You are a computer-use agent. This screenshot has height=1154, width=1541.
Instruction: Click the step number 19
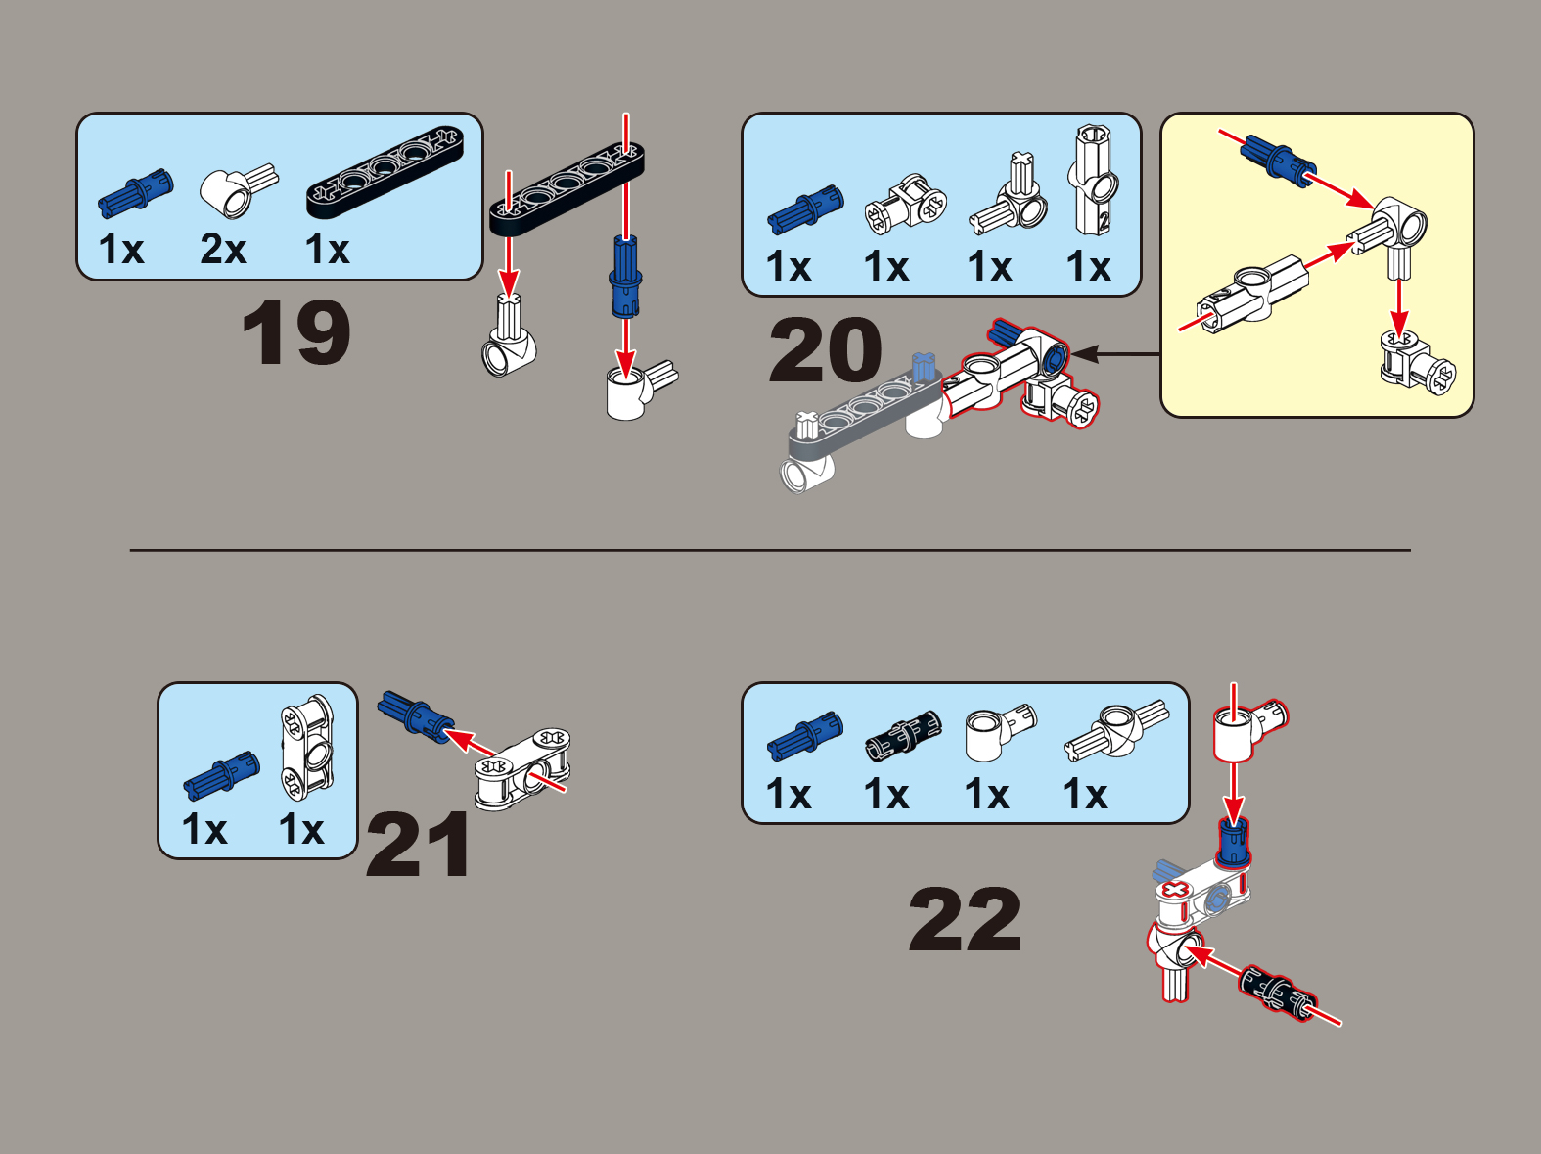point(295,332)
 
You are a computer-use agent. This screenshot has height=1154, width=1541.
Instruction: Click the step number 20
point(826,349)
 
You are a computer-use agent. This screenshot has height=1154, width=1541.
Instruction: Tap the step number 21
point(419,845)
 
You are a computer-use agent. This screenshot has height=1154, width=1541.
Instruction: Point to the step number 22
point(965,918)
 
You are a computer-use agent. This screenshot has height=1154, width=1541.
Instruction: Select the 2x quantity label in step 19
point(223,250)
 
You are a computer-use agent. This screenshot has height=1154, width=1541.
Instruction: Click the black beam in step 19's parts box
point(385,170)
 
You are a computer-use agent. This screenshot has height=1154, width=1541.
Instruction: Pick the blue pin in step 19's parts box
point(135,193)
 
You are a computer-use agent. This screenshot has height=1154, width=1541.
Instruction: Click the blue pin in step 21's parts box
point(221,775)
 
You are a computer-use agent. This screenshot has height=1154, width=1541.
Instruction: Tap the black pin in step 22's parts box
point(903,735)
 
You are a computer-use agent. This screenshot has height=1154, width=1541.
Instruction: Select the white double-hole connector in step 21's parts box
point(307,749)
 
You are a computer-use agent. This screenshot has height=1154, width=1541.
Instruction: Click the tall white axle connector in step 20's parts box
point(1092,180)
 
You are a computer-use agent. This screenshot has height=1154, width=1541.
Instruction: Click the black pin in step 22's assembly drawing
point(1277,993)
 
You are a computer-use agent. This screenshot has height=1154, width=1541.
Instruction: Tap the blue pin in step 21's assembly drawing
point(416,716)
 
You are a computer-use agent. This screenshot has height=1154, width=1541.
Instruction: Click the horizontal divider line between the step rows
point(770,550)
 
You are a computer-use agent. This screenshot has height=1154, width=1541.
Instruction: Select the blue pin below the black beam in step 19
point(625,275)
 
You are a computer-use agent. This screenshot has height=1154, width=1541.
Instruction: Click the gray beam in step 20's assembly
point(864,417)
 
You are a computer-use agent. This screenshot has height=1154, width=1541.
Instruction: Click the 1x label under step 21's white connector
point(301,829)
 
